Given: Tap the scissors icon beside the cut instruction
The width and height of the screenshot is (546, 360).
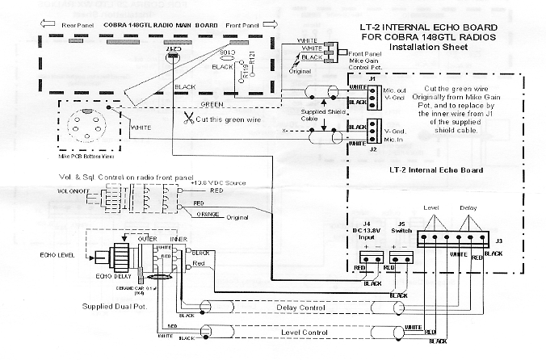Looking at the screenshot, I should (187, 119).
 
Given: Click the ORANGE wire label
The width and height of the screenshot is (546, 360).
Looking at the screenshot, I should (207, 213).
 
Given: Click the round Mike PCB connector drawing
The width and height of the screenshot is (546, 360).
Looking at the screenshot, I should (91, 126).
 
